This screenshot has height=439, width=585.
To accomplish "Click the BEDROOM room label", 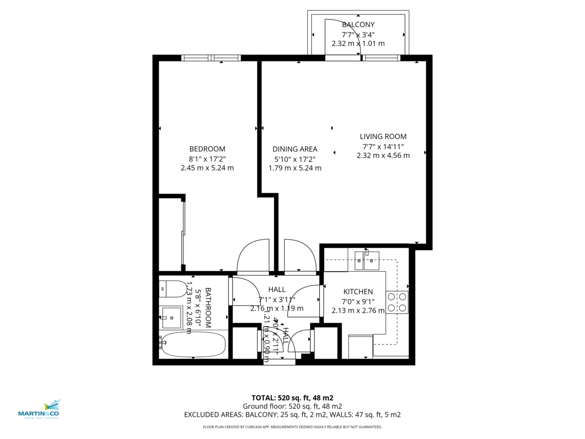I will click(x=207, y=149).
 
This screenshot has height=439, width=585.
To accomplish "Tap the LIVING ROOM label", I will click(x=383, y=137).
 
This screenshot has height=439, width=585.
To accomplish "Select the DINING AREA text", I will click(x=294, y=149).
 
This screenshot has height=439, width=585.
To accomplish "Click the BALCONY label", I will click(x=358, y=24).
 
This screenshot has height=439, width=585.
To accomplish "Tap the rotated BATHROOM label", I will click(x=208, y=307).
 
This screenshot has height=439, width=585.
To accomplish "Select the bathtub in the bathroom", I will click(x=194, y=344).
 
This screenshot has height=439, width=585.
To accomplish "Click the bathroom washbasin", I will click(x=171, y=318).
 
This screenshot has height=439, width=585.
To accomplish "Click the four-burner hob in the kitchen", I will click(x=397, y=302).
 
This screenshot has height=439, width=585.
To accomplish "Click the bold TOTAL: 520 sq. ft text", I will click(x=292, y=398).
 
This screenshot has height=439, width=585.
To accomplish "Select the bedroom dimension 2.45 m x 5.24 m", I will click(x=207, y=168).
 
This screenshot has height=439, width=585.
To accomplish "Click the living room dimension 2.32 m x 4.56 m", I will click(x=383, y=156).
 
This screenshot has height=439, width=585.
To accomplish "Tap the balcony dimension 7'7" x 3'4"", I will click(x=358, y=34).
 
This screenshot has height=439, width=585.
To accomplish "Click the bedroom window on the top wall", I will click(x=211, y=58).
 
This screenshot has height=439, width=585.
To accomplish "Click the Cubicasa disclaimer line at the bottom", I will click(x=292, y=427).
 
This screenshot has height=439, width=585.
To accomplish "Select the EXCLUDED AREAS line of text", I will click(x=292, y=415).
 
